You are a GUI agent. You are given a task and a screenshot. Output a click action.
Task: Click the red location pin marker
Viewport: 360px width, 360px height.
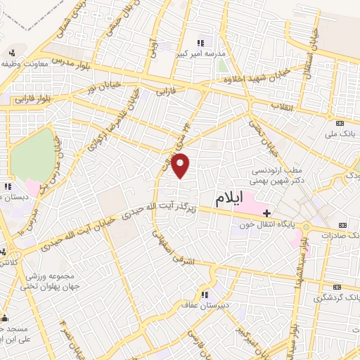pos(181,166)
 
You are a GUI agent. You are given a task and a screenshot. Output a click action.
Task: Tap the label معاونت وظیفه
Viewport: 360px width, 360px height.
pos(26,63)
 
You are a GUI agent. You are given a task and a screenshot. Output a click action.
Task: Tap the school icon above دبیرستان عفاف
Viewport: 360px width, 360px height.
pos(205,294)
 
